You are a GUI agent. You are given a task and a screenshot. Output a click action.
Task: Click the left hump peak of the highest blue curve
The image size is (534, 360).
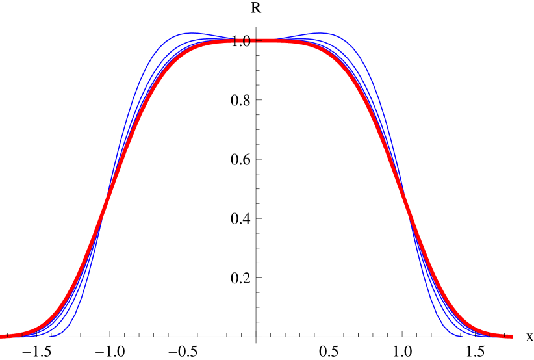tap(190, 33)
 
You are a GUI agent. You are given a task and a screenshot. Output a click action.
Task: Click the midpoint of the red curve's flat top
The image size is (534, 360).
tap(257, 40)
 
